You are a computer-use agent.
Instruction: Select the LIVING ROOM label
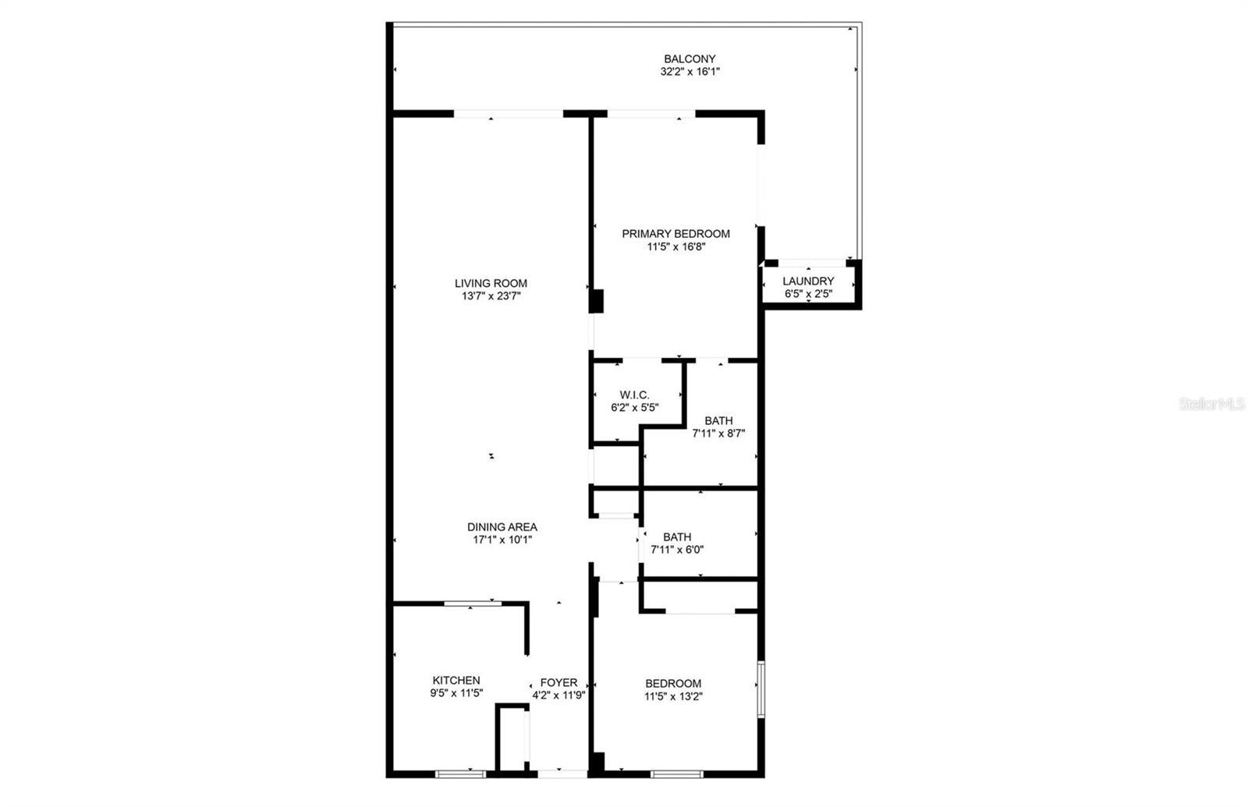[x=491, y=283]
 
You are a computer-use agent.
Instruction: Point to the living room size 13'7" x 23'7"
[x=491, y=296]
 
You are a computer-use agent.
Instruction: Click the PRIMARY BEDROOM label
[x=675, y=233]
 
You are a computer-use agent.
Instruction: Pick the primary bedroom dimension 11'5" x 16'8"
[x=675, y=246]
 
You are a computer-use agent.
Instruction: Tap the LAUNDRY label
[x=808, y=281]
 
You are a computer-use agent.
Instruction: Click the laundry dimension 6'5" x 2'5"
[x=808, y=294]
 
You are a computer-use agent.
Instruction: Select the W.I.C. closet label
[x=634, y=395]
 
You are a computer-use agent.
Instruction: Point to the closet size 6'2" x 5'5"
[x=634, y=407]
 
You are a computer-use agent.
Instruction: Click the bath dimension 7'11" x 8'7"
[x=718, y=434]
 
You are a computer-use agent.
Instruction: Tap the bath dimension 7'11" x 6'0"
[x=677, y=550]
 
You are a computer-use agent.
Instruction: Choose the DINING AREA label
[x=502, y=526]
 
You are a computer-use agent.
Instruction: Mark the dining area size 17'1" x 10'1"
[x=502, y=540]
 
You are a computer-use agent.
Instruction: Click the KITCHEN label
[x=456, y=680]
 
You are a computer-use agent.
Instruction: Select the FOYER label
[x=558, y=682]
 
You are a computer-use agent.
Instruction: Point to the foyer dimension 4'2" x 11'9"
[x=558, y=696]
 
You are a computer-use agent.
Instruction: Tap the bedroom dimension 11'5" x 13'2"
[x=673, y=696]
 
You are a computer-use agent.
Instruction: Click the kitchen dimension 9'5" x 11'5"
[x=456, y=693]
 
